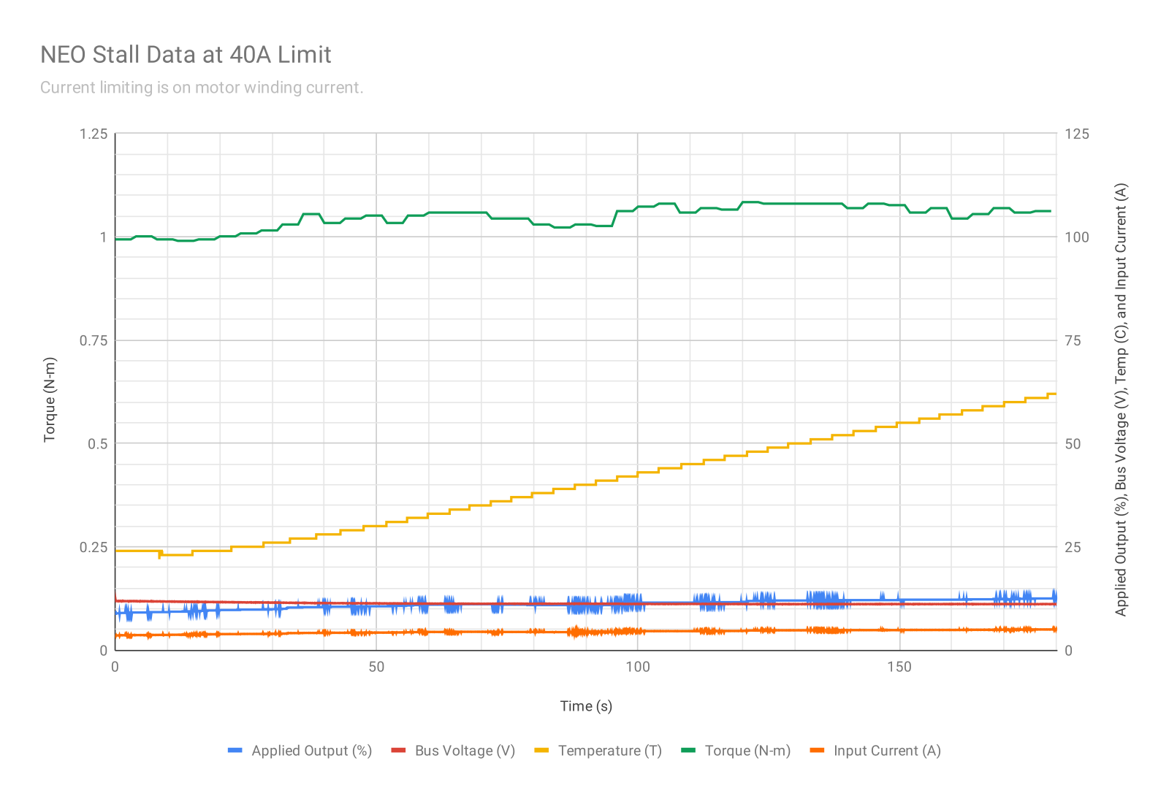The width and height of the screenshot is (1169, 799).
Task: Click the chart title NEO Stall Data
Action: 186,55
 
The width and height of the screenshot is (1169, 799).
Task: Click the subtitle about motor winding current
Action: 201,88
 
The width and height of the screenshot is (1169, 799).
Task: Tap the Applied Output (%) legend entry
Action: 311,751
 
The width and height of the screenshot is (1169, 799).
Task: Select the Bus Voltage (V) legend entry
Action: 465,751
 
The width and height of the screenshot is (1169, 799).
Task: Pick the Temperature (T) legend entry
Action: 609,751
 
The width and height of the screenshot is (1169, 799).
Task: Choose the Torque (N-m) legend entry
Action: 747,751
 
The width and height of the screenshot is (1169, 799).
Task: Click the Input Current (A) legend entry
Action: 887,751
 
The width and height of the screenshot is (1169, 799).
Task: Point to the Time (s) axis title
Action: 586,706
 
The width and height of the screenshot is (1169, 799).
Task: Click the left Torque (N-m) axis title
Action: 50,399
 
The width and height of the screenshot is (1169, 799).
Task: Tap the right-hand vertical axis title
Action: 1121,399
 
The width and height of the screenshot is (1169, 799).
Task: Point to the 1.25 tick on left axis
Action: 94,134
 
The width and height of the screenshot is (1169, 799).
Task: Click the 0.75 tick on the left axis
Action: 94,340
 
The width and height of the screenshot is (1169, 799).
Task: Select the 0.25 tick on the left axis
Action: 94,547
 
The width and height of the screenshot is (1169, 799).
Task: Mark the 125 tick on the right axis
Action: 1077,134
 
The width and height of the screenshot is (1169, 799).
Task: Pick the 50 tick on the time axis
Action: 376,667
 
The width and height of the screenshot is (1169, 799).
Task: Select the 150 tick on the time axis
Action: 899,667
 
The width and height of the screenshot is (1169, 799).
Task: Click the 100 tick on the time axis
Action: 638,667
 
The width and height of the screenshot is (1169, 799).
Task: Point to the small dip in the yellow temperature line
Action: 160,556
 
